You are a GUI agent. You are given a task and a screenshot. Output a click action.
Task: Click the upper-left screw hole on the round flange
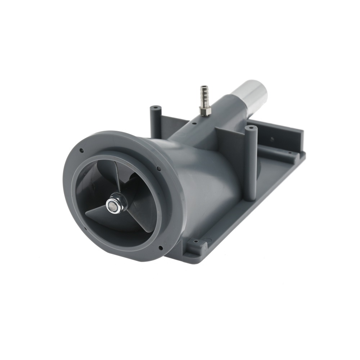pos(82,150)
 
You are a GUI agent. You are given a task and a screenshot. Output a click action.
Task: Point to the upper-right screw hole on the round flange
pos(159,168)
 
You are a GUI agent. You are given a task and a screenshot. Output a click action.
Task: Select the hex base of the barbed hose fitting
pos(206,111)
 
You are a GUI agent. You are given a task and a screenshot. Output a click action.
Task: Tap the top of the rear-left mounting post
pos(156,108)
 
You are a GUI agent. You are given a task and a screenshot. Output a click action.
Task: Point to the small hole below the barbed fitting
pos(194,123)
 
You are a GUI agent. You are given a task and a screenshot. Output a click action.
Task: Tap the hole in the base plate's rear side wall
pos(272,139)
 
